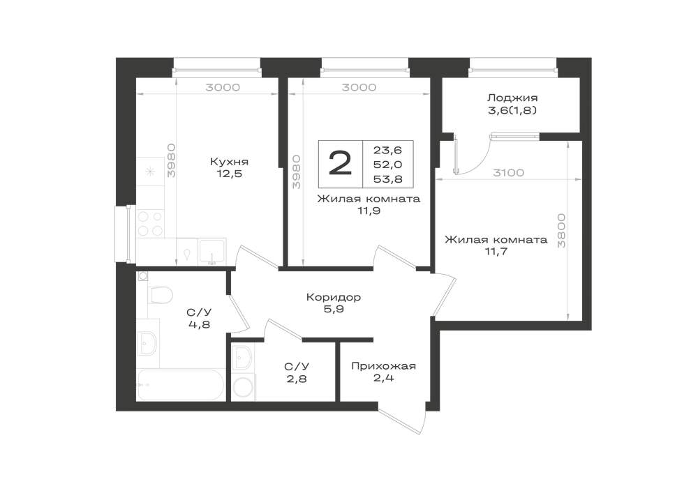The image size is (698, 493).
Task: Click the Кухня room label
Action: tap(229, 161)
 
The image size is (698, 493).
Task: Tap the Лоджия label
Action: tap(512, 98)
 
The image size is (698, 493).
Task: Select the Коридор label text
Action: tap(334, 296)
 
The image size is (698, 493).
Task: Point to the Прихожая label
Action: tap(383, 366)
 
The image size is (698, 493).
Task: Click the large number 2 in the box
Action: tap(340, 164)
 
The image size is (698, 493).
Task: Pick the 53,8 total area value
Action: tap(387, 179)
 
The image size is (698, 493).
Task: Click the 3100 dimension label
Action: tap(508, 172)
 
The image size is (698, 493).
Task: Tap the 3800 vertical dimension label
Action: tap(561, 230)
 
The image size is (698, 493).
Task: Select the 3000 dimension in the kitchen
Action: tap(223, 87)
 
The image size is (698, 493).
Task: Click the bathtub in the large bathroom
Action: tap(181, 384)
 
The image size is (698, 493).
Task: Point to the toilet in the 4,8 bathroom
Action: tap(158, 295)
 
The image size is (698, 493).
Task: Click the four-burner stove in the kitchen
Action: tap(150, 224)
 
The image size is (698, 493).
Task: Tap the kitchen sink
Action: tap(212, 252)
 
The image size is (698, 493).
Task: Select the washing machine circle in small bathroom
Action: tap(244, 387)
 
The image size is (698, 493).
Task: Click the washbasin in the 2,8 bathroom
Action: tap(243, 357)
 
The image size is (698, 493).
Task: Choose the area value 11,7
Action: tap(496, 252)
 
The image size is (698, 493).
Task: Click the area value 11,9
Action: tap(369, 211)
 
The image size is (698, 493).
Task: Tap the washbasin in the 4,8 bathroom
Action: tap(148, 343)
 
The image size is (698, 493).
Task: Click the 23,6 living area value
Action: tap(387, 150)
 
